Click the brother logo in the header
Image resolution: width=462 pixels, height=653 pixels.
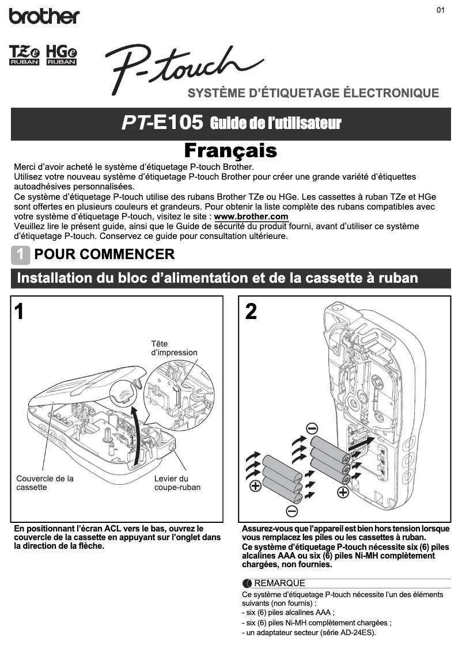[x=44, y=16]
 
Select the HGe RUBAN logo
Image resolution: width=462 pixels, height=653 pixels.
[x=62, y=55]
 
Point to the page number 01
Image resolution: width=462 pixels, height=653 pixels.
[x=441, y=10]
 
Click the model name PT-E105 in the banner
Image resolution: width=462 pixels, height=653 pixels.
[x=162, y=123]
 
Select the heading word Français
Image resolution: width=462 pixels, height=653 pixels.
[x=230, y=151]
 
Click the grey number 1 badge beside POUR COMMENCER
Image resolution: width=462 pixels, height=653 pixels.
[x=21, y=254]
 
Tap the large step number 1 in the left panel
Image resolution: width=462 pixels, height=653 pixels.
[x=20, y=312]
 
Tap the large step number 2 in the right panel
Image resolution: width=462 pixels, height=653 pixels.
[x=251, y=312]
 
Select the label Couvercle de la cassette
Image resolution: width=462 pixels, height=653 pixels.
[x=45, y=483]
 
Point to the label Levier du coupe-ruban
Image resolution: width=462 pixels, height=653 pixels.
[x=177, y=483]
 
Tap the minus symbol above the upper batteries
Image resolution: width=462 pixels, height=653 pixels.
[x=312, y=428]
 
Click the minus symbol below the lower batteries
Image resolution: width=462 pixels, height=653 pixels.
[x=291, y=511]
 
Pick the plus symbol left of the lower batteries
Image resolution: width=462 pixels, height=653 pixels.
[x=254, y=487]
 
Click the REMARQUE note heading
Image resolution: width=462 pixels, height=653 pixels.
[x=279, y=583]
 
